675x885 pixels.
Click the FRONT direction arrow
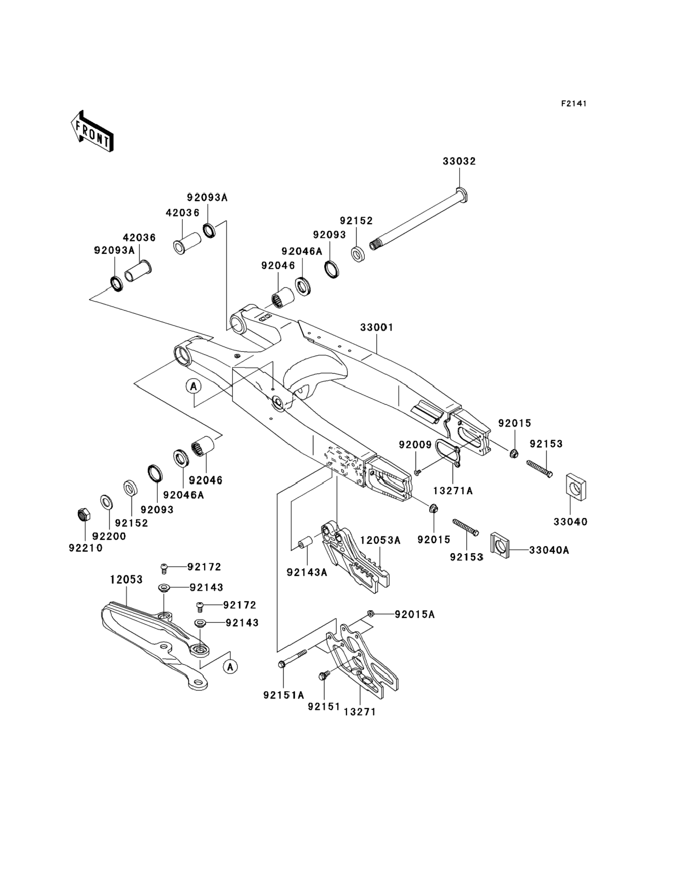pos(92,131)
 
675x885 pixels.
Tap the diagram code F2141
pos(574,104)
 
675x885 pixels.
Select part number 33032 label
pos(459,161)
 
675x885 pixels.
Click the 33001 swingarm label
pos(376,327)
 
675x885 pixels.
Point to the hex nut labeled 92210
pos(83,514)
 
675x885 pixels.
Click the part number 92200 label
pos(109,536)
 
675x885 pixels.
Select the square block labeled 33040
pos(576,487)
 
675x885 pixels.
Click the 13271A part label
pos(453,491)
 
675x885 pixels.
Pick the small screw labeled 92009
pos(417,471)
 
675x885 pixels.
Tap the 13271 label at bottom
pos(360,712)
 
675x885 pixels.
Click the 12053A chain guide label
pos(380,540)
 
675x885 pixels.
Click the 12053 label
pos(126,579)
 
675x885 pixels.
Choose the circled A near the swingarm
pos(194,386)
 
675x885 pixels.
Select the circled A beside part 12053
pos(230,667)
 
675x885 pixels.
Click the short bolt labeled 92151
pos(323,676)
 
